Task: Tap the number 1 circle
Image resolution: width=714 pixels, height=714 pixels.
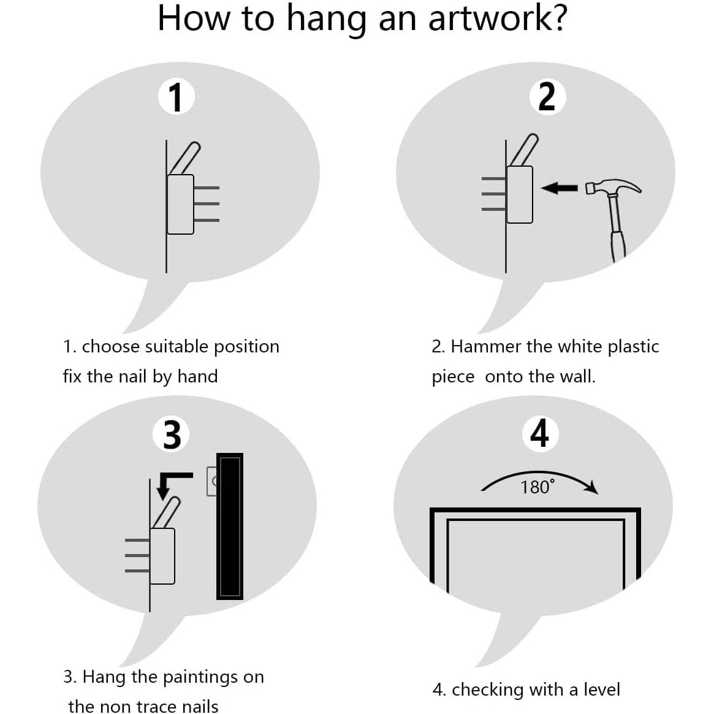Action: coord(177,98)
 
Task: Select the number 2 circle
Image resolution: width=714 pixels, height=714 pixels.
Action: coord(546,97)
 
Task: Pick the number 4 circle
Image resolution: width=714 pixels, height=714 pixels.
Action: coord(539,434)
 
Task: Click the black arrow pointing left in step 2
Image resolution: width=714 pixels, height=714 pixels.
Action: coord(560,188)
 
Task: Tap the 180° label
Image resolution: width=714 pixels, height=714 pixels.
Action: coord(537,487)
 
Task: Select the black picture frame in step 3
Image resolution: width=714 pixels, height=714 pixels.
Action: coord(230,526)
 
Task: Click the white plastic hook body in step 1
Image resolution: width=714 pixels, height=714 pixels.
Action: coord(180,203)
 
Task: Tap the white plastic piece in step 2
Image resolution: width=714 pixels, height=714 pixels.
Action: coord(519,194)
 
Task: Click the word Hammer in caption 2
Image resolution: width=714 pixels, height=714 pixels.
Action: coord(486,347)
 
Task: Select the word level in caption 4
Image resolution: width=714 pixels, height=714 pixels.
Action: coord(601,689)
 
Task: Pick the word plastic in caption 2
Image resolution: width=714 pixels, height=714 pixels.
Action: coord(633,347)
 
